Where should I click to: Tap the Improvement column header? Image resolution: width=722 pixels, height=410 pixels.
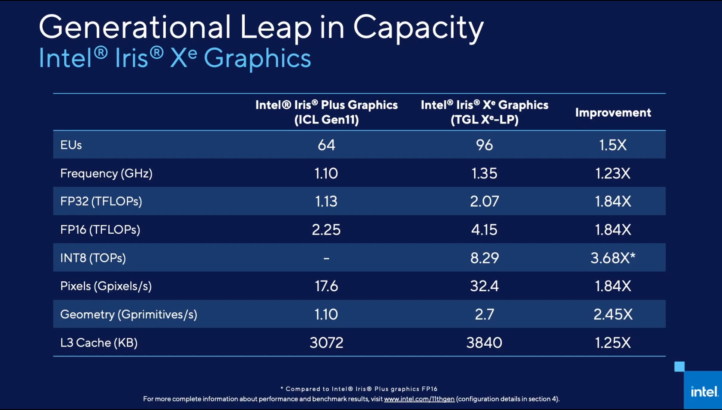[x=613, y=113]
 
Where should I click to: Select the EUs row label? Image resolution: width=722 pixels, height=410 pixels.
[x=71, y=145]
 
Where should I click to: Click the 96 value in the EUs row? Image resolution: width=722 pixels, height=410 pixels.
[x=484, y=145]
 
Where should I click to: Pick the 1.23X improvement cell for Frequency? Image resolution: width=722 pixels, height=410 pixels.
[x=613, y=174]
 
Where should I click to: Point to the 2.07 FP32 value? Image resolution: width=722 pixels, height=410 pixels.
[x=484, y=202]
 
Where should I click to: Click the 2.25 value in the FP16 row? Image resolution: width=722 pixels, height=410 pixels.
[x=326, y=230]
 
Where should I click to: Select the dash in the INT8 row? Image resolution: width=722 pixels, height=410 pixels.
[x=326, y=258]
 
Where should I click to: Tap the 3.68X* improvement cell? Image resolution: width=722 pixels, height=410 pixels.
[x=613, y=258]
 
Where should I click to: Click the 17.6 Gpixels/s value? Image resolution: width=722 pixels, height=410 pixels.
[x=326, y=286]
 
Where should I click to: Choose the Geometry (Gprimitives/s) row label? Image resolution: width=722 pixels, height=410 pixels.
[x=129, y=315]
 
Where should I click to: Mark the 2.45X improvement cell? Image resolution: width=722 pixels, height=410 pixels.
[x=613, y=315]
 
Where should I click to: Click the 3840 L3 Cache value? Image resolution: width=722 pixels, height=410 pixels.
[x=484, y=343]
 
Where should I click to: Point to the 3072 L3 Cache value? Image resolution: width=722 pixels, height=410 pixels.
[x=326, y=343]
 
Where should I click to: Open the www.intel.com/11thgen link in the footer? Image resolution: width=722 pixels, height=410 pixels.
[x=419, y=399]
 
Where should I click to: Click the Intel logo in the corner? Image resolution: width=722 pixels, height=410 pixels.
[x=703, y=391]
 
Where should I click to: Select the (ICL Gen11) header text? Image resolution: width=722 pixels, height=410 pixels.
[x=326, y=120]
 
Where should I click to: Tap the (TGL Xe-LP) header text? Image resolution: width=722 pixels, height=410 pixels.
[x=484, y=120]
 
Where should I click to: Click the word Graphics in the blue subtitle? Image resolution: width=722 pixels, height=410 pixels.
[x=257, y=59]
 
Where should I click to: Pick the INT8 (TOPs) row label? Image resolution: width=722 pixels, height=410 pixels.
[x=93, y=258]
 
